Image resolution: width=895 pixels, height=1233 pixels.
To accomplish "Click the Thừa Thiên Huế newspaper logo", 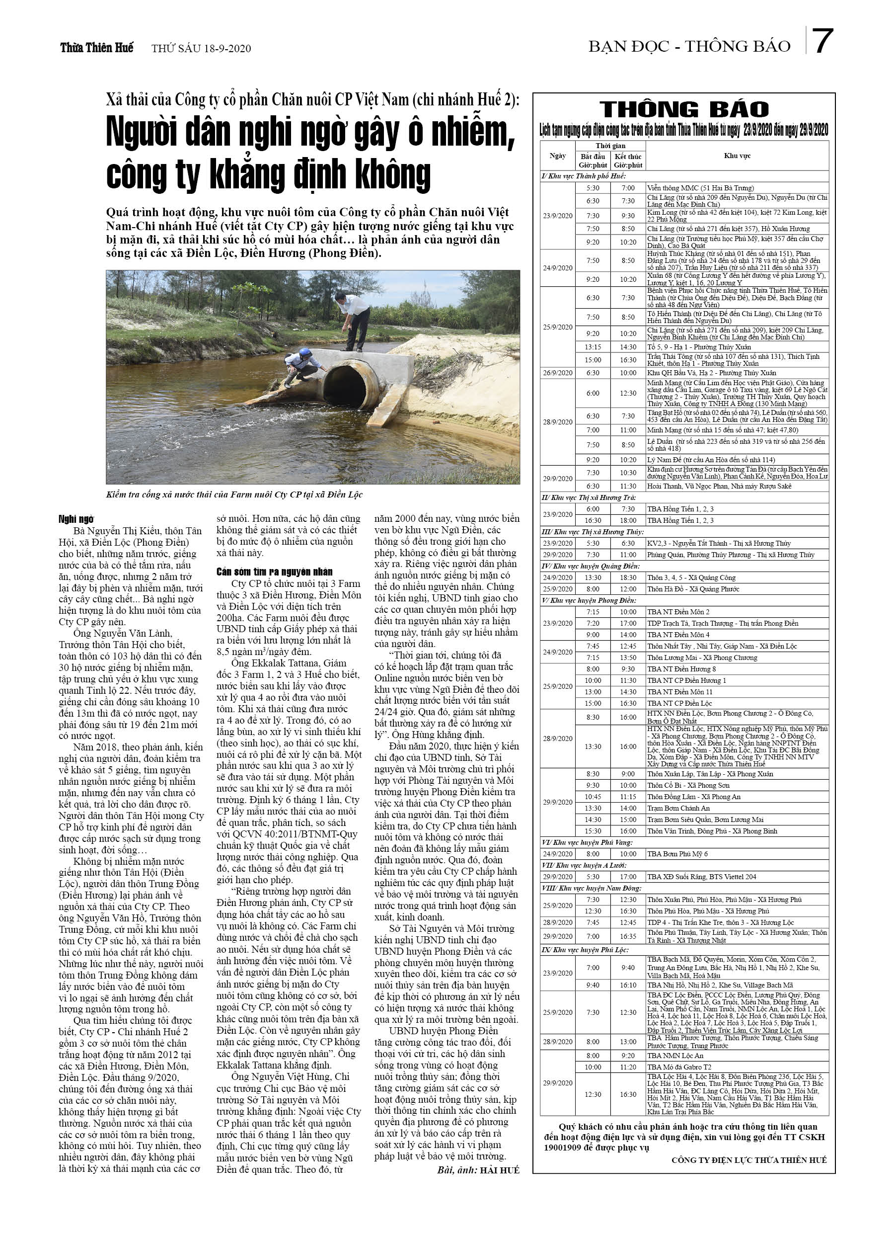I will [x=96, y=48].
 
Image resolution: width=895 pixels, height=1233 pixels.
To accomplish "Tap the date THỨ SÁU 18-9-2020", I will [x=201, y=48].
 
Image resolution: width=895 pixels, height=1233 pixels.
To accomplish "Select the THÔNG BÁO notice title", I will [x=684, y=109].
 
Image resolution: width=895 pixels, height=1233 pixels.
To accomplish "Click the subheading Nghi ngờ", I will [x=76, y=519].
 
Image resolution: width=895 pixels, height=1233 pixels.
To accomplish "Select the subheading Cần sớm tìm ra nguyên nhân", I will [x=275, y=572].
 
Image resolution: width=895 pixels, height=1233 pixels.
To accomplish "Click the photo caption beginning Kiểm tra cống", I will [x=234, y=494].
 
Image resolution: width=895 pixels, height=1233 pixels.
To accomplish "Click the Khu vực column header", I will [x=737, y=156].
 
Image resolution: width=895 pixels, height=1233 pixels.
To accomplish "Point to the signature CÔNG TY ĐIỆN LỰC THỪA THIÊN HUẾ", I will [x=749, y=1160].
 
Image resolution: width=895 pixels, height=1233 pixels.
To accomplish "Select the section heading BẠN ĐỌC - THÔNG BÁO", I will [x=689, y=47].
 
